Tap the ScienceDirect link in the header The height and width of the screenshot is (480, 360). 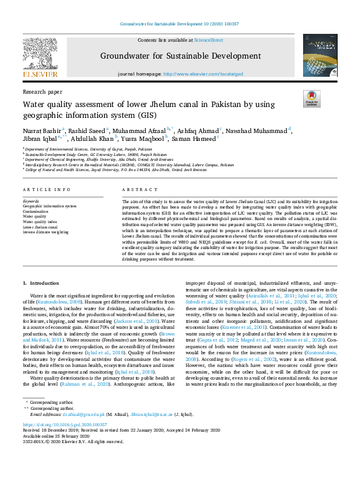208,40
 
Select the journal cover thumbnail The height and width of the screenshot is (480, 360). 320,56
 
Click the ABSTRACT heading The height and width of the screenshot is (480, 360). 136,190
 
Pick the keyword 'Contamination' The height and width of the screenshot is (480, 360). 36,210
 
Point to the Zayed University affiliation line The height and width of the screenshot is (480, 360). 115,170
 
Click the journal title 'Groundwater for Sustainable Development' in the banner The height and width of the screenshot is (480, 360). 180,56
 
